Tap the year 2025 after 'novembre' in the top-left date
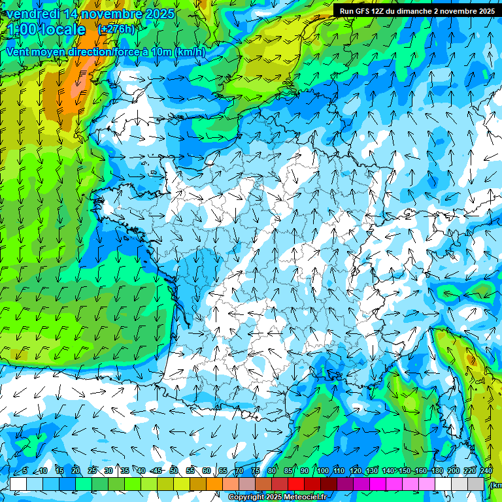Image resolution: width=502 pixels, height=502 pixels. point(159,14)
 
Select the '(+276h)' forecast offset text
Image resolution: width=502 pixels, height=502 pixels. point(116,29)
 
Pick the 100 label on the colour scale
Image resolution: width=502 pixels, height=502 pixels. point(323,471)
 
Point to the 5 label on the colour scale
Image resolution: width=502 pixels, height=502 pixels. point(25,471)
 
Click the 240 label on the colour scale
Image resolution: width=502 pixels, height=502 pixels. point(486,471)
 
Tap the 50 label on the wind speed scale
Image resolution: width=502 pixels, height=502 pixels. point(174,471)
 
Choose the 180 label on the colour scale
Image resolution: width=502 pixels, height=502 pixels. point(436,471)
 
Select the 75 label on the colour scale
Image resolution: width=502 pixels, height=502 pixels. point(256,471)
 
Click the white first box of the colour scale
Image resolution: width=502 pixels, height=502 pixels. point(18,484)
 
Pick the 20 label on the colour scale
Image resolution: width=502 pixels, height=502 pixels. point(76,471)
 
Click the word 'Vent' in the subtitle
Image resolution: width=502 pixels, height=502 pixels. point(19,52)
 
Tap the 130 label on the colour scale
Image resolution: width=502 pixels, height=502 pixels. point(371,471)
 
